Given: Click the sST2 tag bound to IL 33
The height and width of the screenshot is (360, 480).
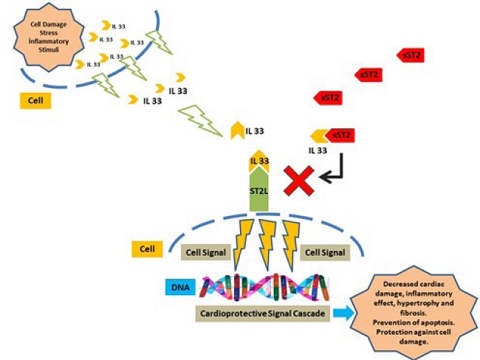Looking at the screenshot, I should [340, 135].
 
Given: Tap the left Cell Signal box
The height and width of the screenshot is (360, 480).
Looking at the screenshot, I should [204, 252].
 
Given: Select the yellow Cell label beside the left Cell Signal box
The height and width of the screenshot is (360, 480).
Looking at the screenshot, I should [145, 249].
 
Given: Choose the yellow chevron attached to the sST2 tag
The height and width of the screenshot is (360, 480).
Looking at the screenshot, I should [318, 136].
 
